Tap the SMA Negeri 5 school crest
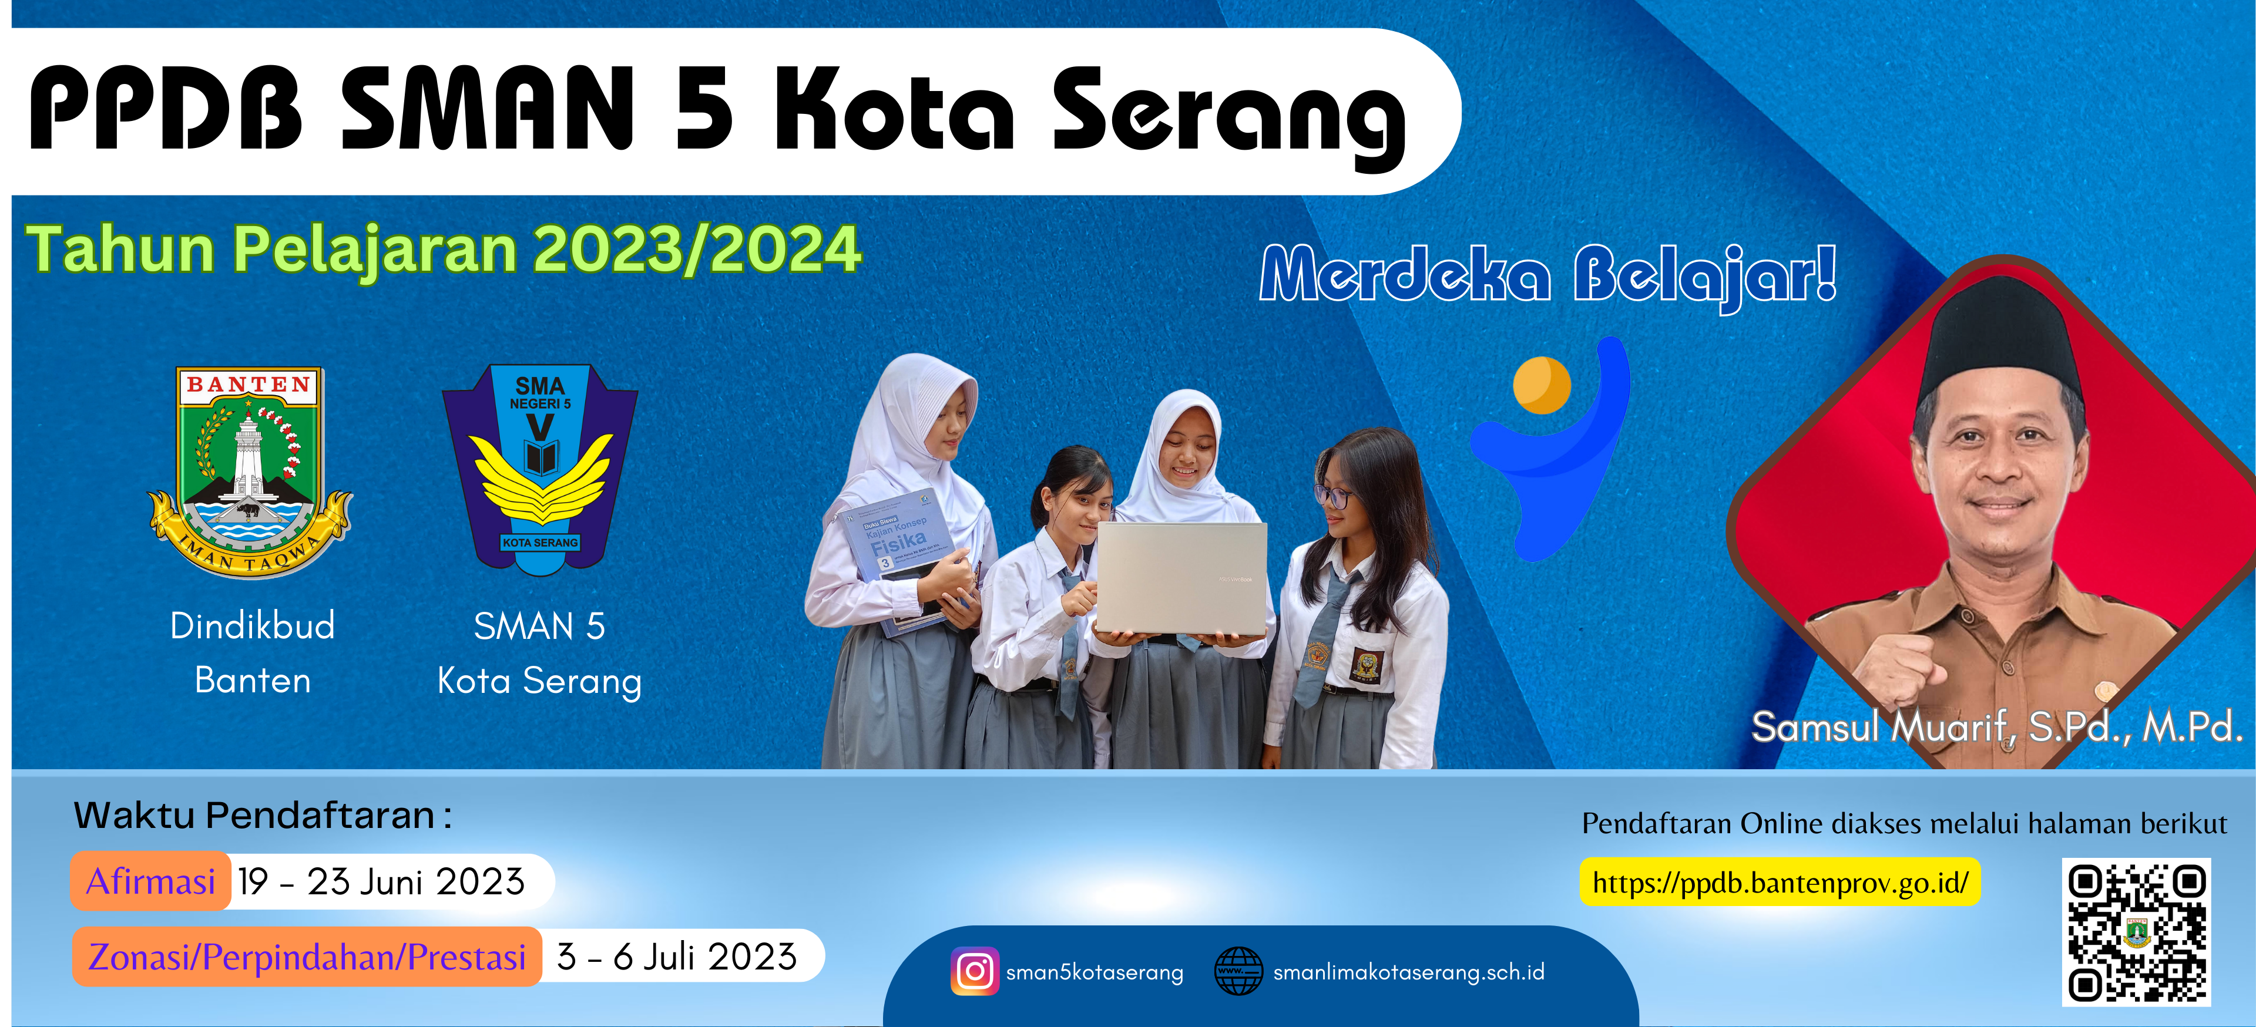click(540, 469)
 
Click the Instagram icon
click(974, 971)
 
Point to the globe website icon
click(1238, 971)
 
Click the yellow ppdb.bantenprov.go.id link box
click(1780, 881)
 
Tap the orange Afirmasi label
click(150, 881)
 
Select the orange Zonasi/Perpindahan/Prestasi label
click(307, 957)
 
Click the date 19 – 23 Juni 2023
click(381, 881)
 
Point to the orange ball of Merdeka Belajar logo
click(1542, 385)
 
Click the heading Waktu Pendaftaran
click(263, 815)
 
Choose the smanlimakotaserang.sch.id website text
click(1408, 972)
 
